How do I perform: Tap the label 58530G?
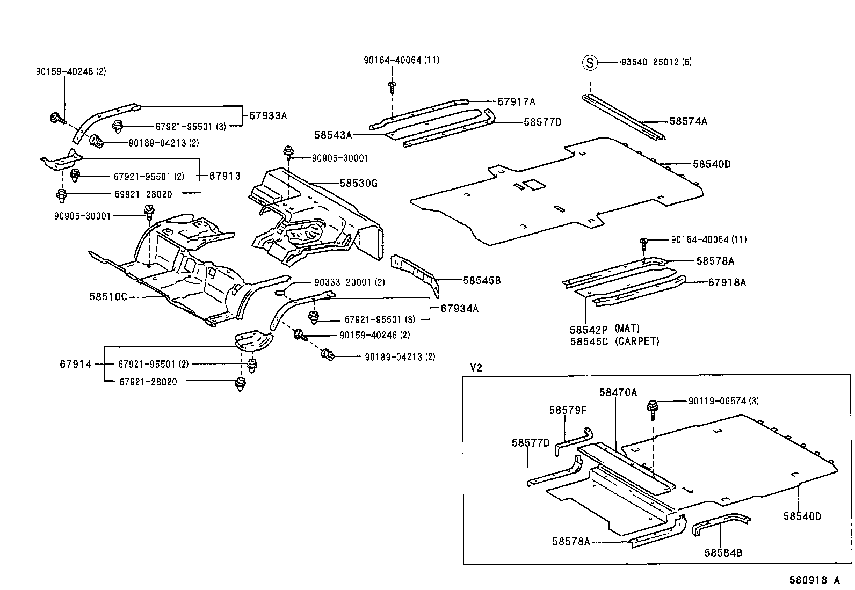tap(358, 184)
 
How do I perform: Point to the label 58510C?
tap(108, 297)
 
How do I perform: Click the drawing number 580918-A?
tap(814, 580)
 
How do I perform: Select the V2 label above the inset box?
tap(476, 368)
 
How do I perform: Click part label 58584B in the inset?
tap(723, 552)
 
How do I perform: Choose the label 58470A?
tap(618, 392)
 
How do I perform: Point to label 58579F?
tap(568, 410)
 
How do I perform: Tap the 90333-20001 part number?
tap(342, 282)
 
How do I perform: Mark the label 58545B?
tap(482, 280)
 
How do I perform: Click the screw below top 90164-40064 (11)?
tap(392, 87)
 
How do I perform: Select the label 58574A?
tap(688, 122)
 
